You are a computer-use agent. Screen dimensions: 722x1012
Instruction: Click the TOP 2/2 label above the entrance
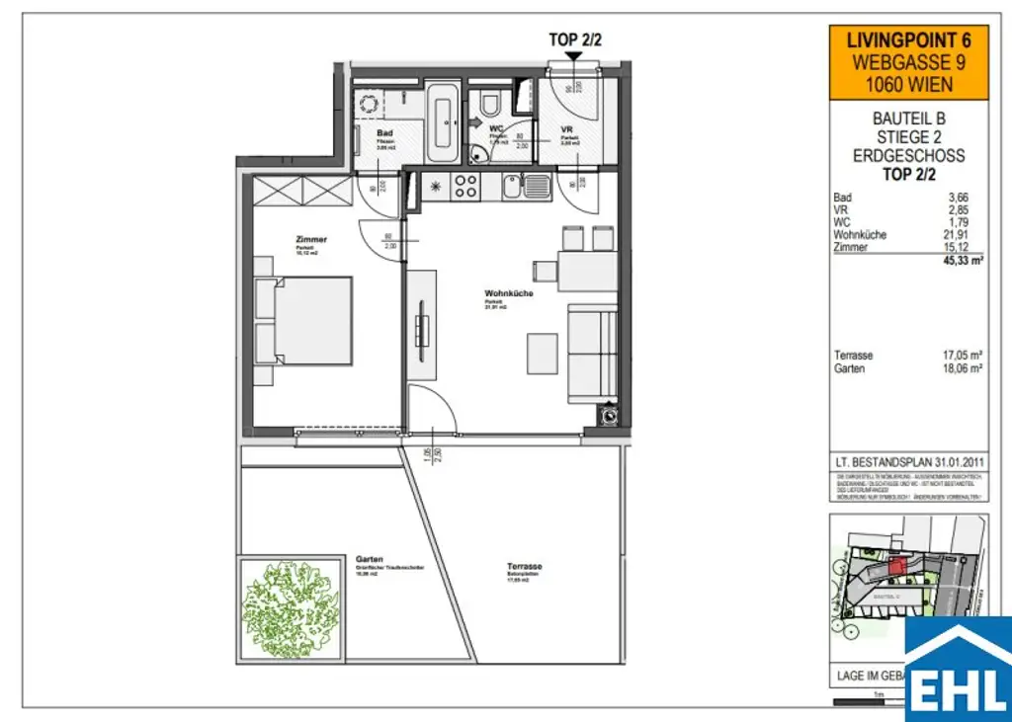[x=575, y=40]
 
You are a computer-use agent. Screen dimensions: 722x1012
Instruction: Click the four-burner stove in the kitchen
[x=465, y=185]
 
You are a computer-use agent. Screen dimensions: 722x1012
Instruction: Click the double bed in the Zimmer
[x=307, y=321]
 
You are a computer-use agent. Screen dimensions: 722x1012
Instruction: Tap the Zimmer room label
[x=310, y=239]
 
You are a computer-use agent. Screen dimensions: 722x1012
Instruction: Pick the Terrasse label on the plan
[x=514, y=567]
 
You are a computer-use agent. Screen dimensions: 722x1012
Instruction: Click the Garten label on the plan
[x=371, y=558]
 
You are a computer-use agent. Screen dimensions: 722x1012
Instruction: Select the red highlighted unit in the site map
[x=897, y=565]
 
